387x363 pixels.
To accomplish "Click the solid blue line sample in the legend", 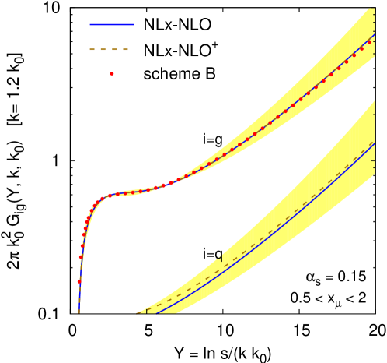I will (x=112, y=25).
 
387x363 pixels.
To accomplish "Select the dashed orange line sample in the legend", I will (x=109, y=50).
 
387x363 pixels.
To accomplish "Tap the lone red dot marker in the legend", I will (x=112, y=74).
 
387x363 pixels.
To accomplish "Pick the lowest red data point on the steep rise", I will (x=79, y=281).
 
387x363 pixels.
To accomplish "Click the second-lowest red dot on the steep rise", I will (x=81, y=257).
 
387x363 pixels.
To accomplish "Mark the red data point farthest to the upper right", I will (x=370, y=41).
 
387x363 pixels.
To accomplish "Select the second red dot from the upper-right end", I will (x=362, y=48).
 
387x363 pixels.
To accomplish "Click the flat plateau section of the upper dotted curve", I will (x=128, y=192).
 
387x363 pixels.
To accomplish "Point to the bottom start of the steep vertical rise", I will (x=79, y=312).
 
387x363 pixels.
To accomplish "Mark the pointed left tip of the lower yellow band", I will (x=137, y=313).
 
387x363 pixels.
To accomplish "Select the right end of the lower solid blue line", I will (x=375, y=143).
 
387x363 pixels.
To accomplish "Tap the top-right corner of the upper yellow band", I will (x=375, y=9).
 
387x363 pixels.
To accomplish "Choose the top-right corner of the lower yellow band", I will (x=375, y=112).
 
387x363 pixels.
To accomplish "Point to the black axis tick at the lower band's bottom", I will (x=147, y=312).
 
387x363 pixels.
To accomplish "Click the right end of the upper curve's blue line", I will (x=375, y=35).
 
